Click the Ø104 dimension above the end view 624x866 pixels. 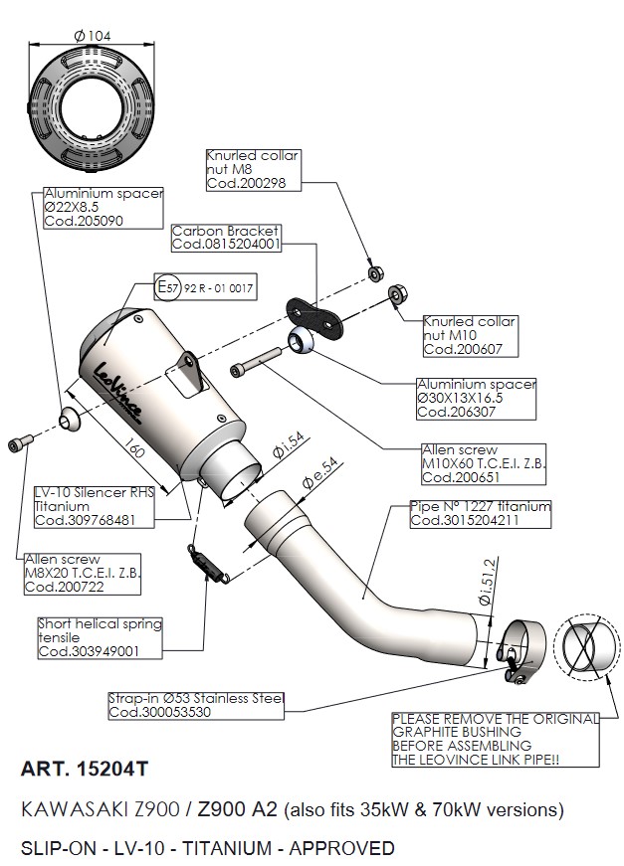coord(93,36)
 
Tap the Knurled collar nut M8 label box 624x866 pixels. coord(252,170)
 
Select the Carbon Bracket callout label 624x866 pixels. coord(226,237)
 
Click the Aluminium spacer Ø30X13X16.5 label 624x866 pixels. coord(477,398)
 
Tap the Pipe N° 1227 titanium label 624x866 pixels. coord(480,513)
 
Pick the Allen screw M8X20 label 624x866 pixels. coord(79,575)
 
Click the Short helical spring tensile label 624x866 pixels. coord(100,637)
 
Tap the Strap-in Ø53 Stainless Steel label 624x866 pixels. coord(196,706)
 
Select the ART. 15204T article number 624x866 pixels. coord(86,769)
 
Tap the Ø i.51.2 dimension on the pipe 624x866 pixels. coord(486,586)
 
